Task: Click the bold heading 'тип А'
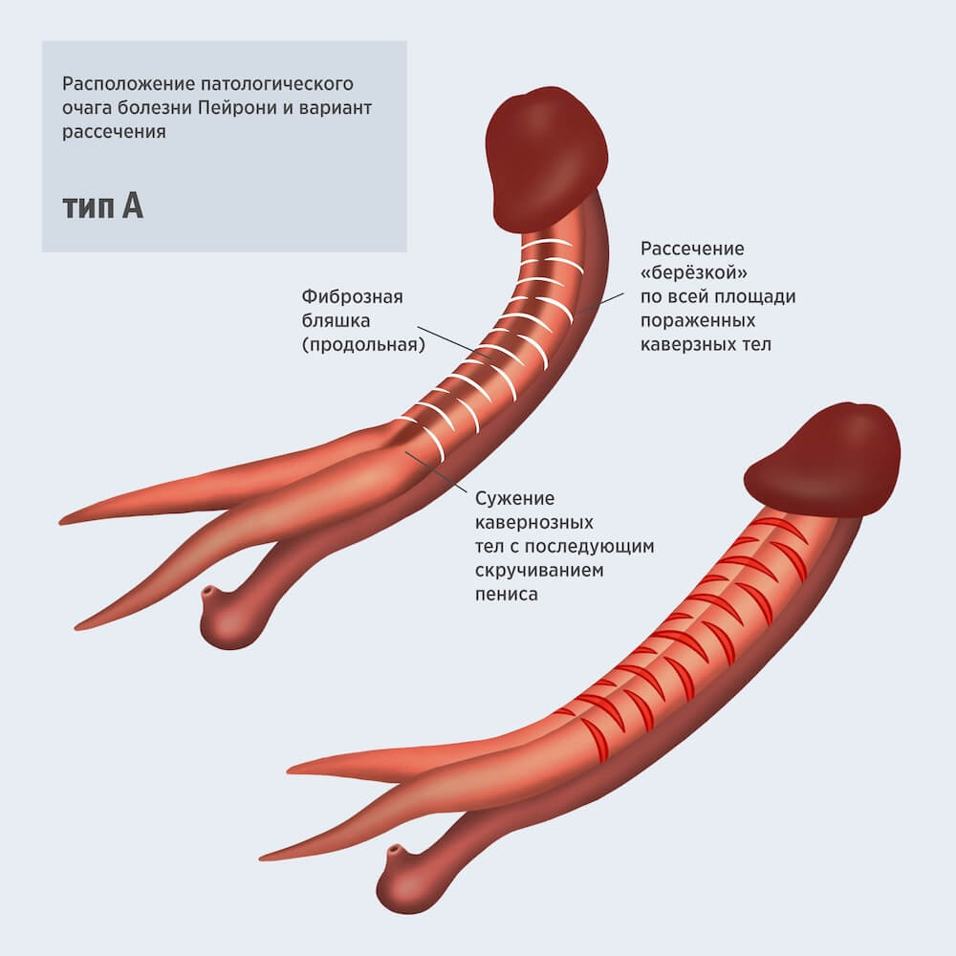[x=102, y=206]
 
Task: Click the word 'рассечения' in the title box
[x=114, y=131]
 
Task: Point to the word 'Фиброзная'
[x=353, y=296]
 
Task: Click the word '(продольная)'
[x=363, y=344]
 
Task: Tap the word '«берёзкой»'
[x=693, y=272]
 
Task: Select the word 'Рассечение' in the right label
[x=692, y=249]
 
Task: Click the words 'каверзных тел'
[x=706, y=344]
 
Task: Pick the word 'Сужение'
[x=514, y=499]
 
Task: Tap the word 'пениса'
[x=506, y=595]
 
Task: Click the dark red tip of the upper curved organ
[x=546, y=158]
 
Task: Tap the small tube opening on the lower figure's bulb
[x=395, y=850]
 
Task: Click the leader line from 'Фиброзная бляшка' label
[x=452, y=342]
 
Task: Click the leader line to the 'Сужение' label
[x=436, y=470]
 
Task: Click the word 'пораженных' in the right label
[x=698, y=320]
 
